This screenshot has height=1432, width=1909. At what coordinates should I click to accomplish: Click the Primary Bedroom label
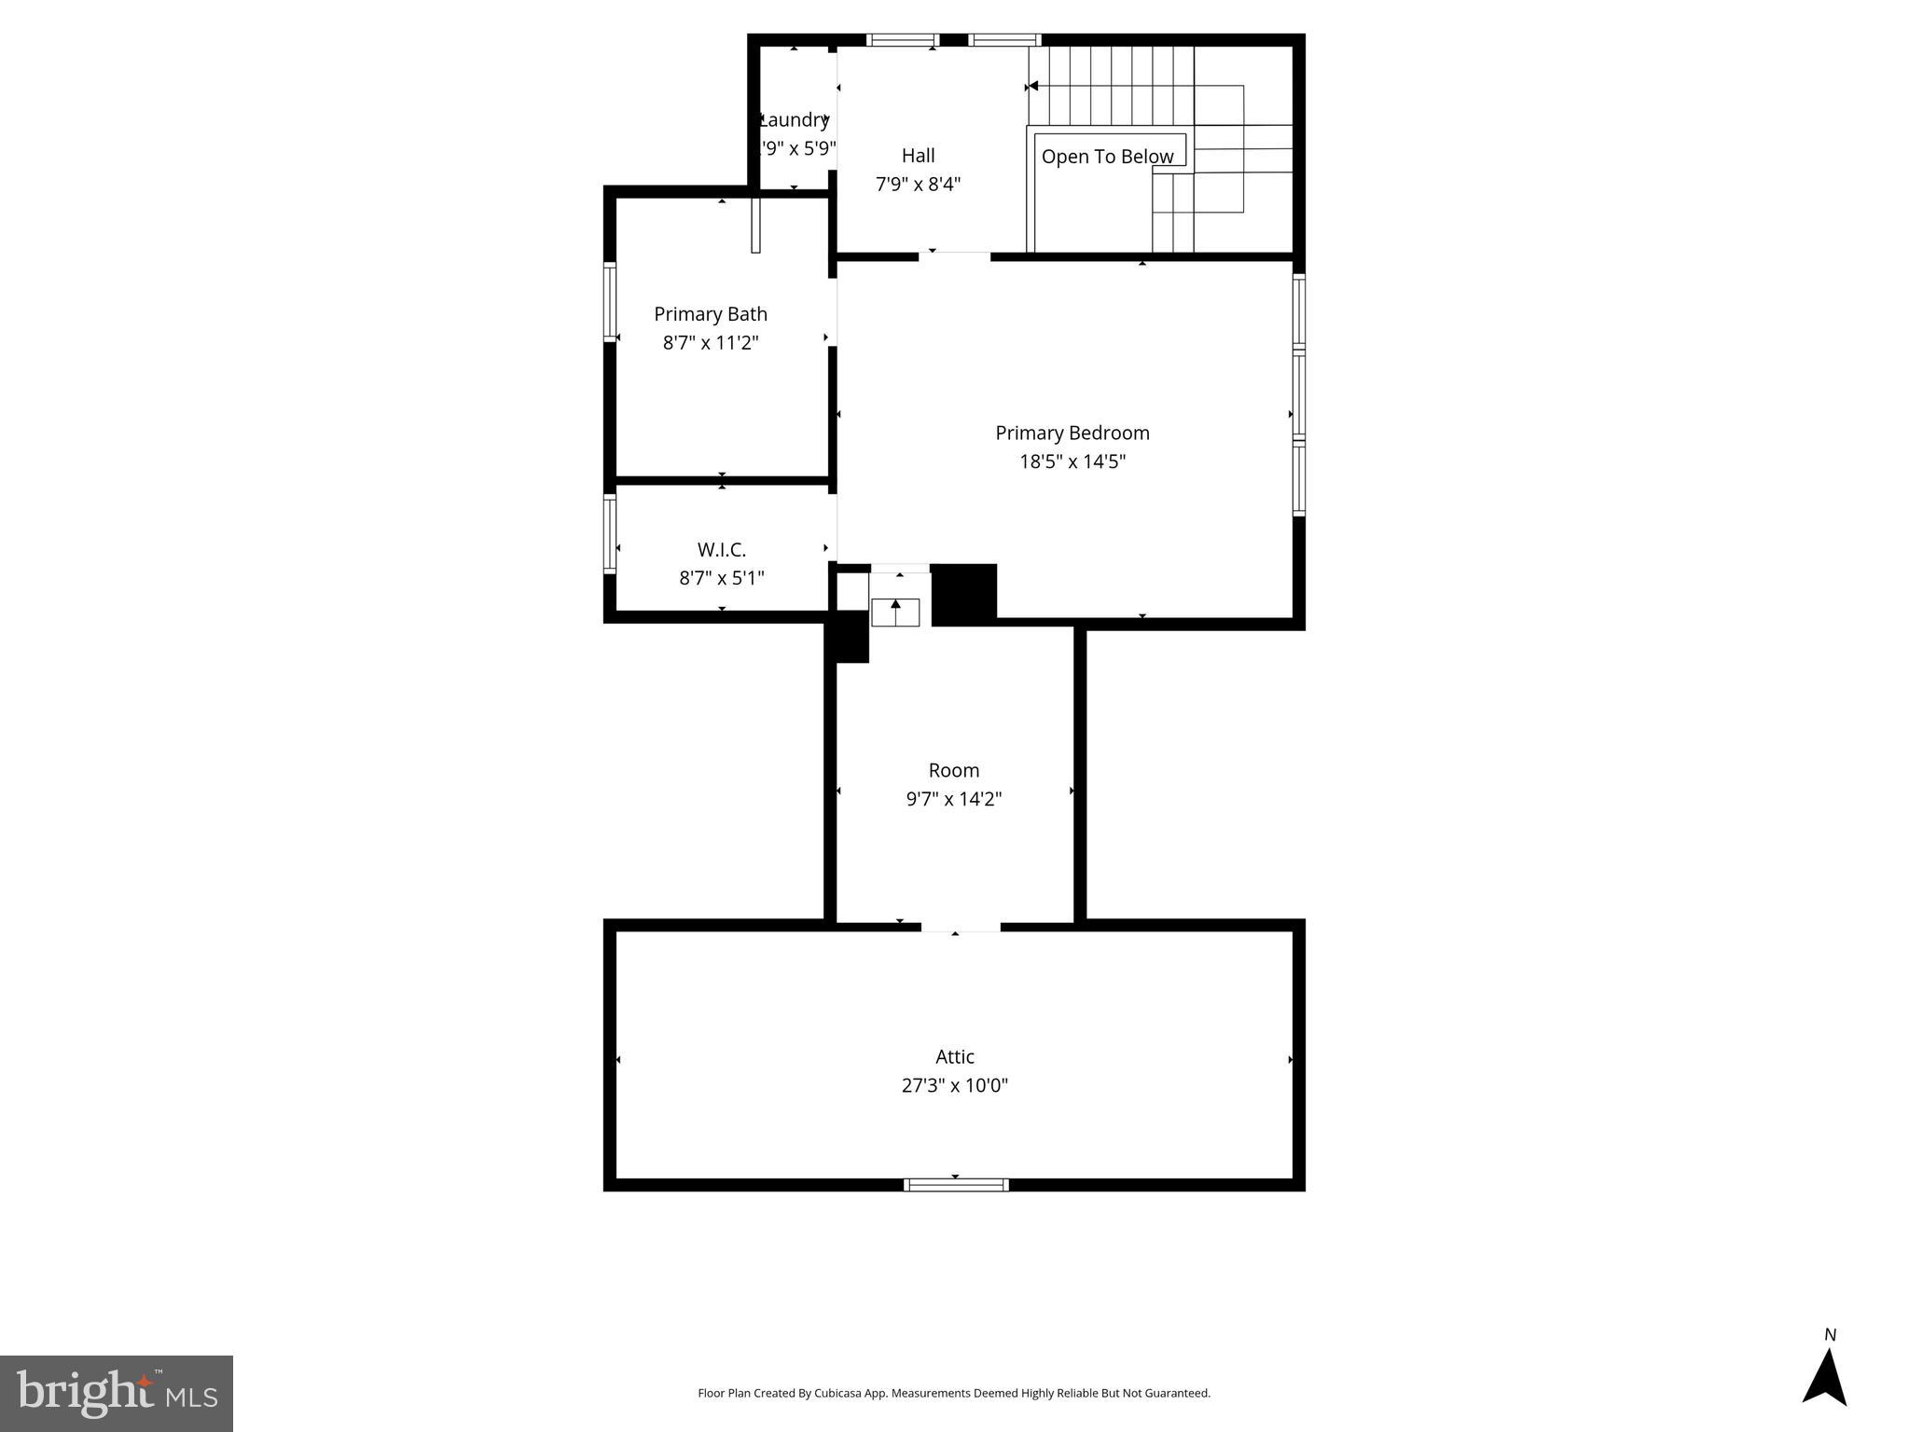pyautogui.click(x=1072, y=433)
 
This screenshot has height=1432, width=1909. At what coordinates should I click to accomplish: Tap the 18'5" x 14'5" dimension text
pyautogui.click(x=1072, y=461)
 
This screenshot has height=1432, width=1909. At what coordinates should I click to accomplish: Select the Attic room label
pyautogui.click(x=954, y=1056)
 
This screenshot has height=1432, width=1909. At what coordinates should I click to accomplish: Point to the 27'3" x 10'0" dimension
pyautogui.click(x=954, y=1085)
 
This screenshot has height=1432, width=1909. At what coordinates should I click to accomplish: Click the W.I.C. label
pyautogui.click(x=721, y=550)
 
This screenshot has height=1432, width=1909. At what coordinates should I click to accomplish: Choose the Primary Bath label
pyautogui.click(x=710, y=314)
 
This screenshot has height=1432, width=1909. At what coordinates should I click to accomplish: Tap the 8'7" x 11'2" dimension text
pyautogui.click(x=710, y=343)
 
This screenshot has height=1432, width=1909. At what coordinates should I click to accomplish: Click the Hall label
pyautogui.click(x=918, y=156)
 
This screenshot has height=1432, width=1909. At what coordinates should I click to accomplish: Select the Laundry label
pyautogui.click(x=794, y=119)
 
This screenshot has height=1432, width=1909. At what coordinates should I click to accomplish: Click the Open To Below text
pyautogui.click(x=1107, y=157)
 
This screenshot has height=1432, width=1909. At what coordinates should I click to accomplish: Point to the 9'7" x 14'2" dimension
pyautogui.click(x=953, y=799)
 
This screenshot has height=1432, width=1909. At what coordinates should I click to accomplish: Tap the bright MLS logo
pyautogui.click(x=117, y=1393)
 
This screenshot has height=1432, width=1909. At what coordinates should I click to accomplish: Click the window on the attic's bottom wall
pyautogui.click(x=956, y=1185)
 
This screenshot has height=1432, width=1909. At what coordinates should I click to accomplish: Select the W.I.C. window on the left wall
pyautogui.click(x=610, y=533)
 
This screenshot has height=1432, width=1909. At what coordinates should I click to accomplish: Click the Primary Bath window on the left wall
pyautogui.click(x=610, y=302)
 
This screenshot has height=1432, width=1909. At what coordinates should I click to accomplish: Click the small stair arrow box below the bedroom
pyautogui.click(x=895, y=612)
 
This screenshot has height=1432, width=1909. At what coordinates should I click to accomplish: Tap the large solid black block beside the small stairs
pyautogui.click(x=963, y=594)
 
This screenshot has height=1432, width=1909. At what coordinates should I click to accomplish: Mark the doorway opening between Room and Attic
pyautogui.click(x=961, y=926)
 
